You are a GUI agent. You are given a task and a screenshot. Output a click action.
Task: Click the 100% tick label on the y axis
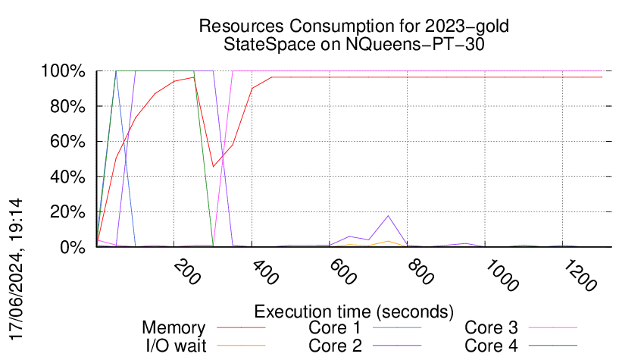click(x=64, y=72)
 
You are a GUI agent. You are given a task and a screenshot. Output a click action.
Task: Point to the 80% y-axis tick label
click(x=68, y=107)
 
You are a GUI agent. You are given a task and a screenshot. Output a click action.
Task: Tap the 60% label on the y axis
click(x=68, y=142)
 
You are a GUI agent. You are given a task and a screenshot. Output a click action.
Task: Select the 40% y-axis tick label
click(x=68, y=177)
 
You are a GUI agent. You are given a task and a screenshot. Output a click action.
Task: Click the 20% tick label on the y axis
click(x=68, y=212)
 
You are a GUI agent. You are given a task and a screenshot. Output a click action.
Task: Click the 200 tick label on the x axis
click(x=183, y=272)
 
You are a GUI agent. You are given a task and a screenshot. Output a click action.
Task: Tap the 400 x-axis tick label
click(x=261, y=272)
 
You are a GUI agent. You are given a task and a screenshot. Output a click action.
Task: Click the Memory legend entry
click(x=174, y=328)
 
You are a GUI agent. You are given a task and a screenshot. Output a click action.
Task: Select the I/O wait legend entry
click(x=174, y=345)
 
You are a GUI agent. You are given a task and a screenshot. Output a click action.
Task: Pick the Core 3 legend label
click(x=491, y=328)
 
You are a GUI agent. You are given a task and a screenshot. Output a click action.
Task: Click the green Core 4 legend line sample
click(x=553, y=346)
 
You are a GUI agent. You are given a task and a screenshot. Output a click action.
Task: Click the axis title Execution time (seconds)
click(x=354, y=311)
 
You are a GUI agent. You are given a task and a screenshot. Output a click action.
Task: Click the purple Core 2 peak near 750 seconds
click(x=389, y=216)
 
